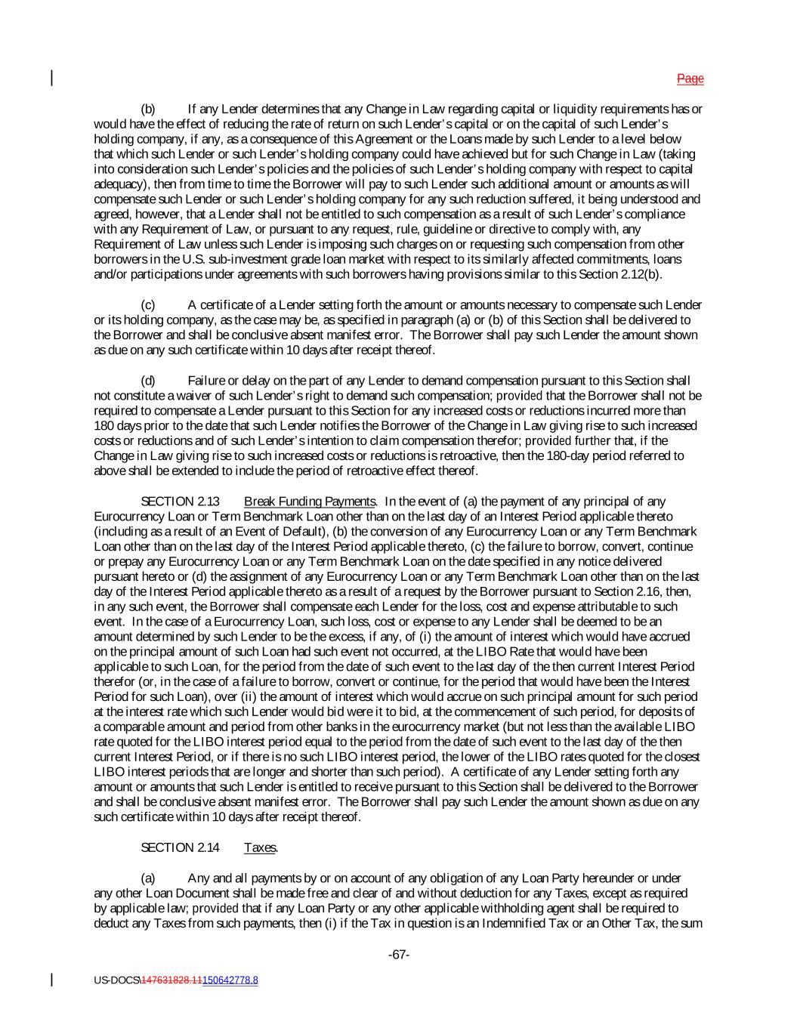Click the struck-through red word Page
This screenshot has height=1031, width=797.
pyautogui.click(x=690, y=79)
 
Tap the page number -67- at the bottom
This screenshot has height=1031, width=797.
pyautogui.click(x=399, y=955)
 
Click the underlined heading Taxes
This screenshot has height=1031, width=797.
pyautogui.click(x=260, y=847)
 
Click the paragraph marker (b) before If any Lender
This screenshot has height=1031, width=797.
pyautogui.click(x=148, y=109)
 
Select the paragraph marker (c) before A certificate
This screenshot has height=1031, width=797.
pyautogui.click(x=148, y=305)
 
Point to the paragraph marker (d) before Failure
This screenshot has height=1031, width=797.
pyautogui.click(x=148, y=381)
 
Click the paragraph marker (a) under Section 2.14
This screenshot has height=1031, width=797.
pyautogui.click(x=148, y=878)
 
